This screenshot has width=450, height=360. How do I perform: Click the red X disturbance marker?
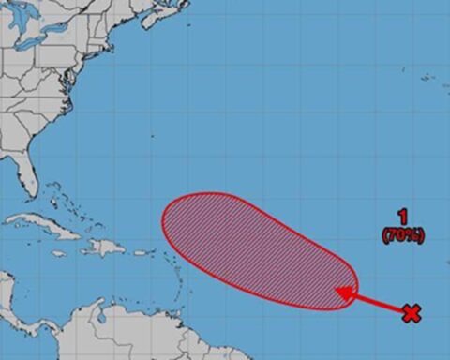click(x=411, y=313)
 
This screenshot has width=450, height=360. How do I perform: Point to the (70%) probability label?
click(x=401, y=235)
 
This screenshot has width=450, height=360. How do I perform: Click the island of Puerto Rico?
click(x=142, y=252)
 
